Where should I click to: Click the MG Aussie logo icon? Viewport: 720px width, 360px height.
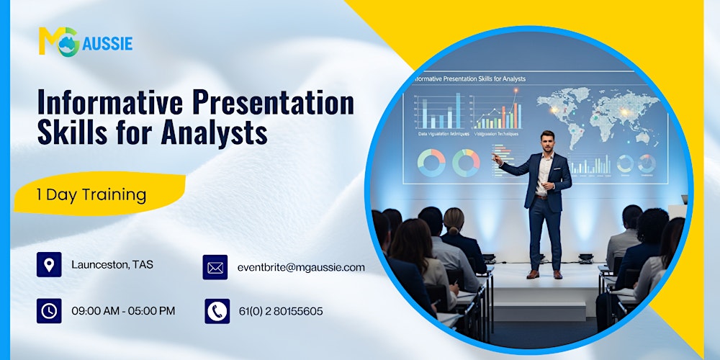(x=58, y=41)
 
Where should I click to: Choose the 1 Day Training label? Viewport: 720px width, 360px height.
(x=91, y=194)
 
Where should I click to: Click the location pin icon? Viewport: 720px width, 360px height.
(x=49, y=265)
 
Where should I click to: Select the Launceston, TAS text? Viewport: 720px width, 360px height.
(x=112, y=265)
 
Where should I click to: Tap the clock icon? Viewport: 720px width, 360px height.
(x=49, y=311)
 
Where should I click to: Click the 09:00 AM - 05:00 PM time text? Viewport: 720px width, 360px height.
(x=123, y=311)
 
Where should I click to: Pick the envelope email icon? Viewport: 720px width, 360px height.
(x=215, y=267)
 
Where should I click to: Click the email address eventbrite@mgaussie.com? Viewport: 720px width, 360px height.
(x=301, y=267)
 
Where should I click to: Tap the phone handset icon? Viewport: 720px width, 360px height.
(x=217, y=311)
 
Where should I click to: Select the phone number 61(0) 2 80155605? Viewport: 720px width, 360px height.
(x=281, y=311)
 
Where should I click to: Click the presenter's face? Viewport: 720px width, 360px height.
(x=548, y=141)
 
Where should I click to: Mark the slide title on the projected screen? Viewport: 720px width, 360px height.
(x=468, y=78)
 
